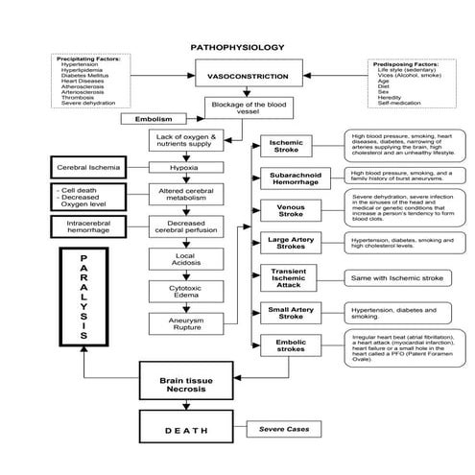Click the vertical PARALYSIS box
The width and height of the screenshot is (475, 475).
[83, 297]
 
